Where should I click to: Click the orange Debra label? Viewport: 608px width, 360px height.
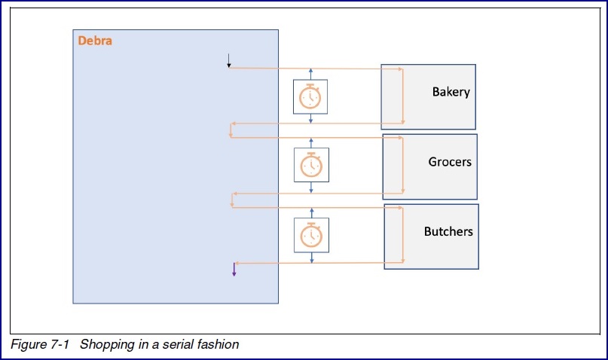95,41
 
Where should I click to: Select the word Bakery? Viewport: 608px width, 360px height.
451,92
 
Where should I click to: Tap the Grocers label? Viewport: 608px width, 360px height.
450,162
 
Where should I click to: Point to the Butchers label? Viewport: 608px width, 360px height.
448,231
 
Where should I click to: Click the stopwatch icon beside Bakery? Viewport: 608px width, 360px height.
310,97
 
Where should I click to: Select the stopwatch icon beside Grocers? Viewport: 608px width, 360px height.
310,165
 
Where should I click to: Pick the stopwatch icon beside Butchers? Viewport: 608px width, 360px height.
310,235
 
